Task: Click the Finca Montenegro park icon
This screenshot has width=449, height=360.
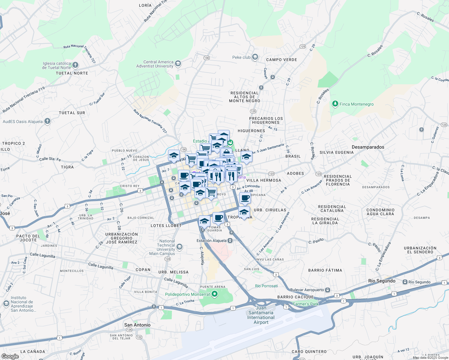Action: [x=335, y=104]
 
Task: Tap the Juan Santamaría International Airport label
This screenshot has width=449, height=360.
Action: [x=261, y=315]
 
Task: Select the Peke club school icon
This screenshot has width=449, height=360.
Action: [x=255, y=57]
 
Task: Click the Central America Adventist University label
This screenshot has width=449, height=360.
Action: [x=155, y=64]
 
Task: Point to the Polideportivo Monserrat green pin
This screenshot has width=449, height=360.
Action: [x=214, y=294]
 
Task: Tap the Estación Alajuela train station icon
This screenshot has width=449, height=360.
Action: [x=230, y=241]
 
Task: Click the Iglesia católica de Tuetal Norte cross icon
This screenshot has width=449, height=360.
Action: [x=75, y=65]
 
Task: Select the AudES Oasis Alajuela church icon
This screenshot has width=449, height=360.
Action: [x=47, y=121]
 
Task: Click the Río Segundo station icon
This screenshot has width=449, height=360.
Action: [x=405, y=282]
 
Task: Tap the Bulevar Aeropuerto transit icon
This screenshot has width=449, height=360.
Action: [x=327, y=290]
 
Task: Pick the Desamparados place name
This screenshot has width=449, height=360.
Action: [x=368, y=147]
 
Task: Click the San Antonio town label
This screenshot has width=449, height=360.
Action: [x=137, y=325]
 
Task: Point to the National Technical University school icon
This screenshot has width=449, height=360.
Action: [x=179, y=247]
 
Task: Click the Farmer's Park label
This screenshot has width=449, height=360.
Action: [x=306, y=304]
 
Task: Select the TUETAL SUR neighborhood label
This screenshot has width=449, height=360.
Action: [x=72, y=113]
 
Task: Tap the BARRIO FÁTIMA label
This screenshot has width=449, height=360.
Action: [x=325, y=270]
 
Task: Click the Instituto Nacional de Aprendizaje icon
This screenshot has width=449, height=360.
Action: [x=6, y=303]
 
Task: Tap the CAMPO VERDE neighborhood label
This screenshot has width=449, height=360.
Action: [x=282, y=60]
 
